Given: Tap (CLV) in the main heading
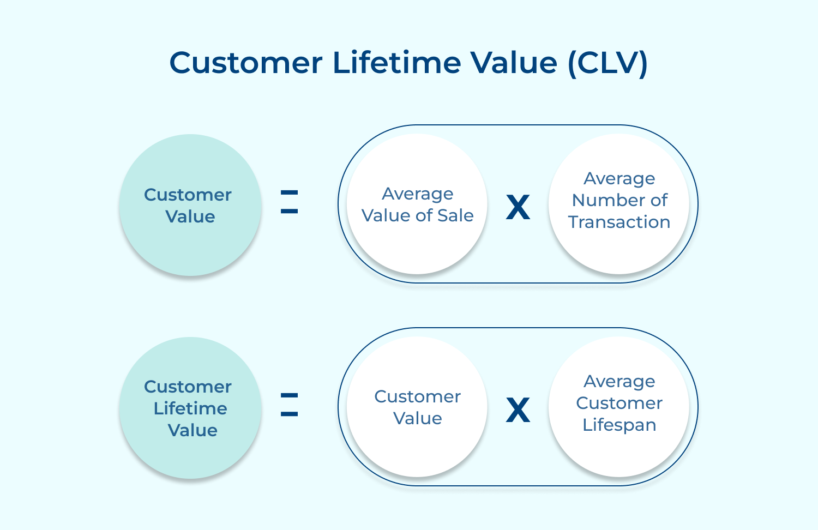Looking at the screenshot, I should pyautogui.click(x=608, y=63).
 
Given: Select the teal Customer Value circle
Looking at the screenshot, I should pyautogui.click(x=190, y=205).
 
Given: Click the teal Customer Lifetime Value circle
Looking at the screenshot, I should pyautogui.click(x=190, y=408).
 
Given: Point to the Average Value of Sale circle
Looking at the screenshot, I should pyautogui.click(x=417, y=204).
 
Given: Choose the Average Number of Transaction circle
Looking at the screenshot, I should pyautogui.click(x=619, y=203).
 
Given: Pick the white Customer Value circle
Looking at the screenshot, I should pyautogui.click(x=417, y=407).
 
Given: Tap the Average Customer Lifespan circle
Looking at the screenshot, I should pyautogui.click(x=619, y=406).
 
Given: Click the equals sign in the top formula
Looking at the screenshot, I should pyautogui.click(x=289, y=202).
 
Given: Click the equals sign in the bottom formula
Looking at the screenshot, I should pyautogui.click(x=289, y=405).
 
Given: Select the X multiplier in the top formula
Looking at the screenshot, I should pyautogui.click(x=518, y=207).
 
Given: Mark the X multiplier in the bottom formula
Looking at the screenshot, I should pyautogui.click(x=518, y=410).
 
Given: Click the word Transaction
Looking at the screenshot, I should pyautogui.click(x=619, y=222).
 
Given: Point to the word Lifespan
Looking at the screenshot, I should pyautogui.click(x=619, y=425).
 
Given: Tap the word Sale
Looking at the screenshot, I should pyautogui.click(x=455, y=216).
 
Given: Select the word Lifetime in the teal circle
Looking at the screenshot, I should pyautogui.click(x=190, y=408).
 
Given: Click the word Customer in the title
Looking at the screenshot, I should pyautogui.click(x=246, y=63).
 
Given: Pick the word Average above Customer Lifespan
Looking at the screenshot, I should pyautogui.click(x=619, y=382).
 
